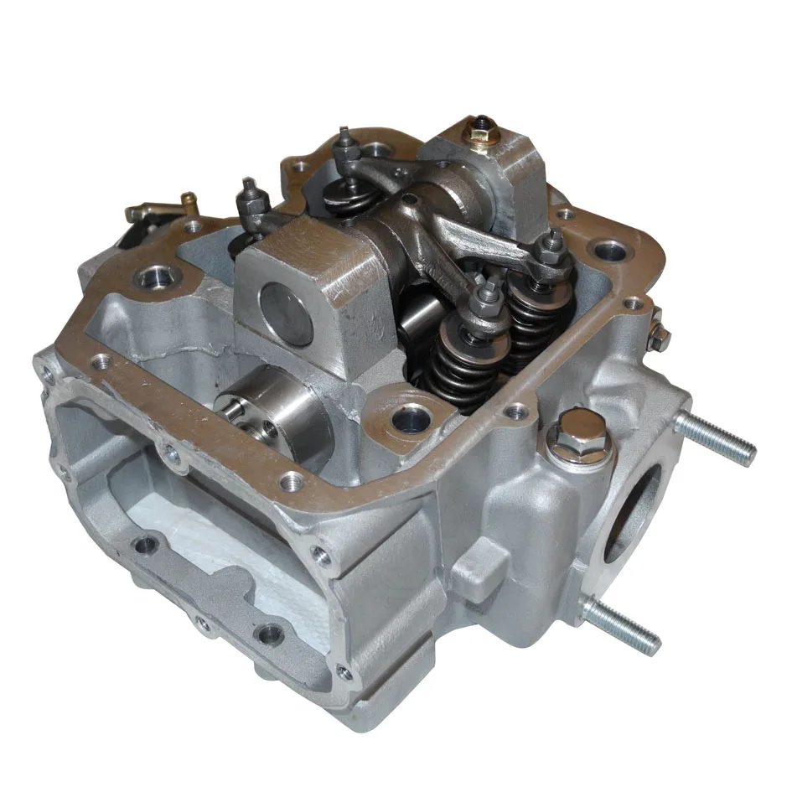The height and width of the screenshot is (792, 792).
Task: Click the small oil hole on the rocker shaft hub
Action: tap(409, 199)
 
